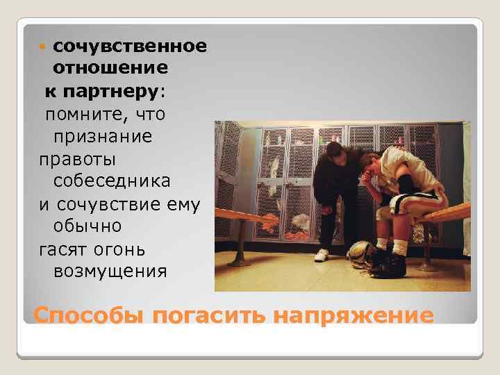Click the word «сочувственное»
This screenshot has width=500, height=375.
(129, 47)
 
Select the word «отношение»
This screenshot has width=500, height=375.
(110, 69)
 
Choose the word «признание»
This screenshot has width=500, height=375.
(102, 135)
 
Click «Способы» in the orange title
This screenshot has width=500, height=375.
(88, 316)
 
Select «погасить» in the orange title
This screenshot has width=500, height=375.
(208, 316)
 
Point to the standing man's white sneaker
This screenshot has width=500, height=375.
(321, 255)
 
